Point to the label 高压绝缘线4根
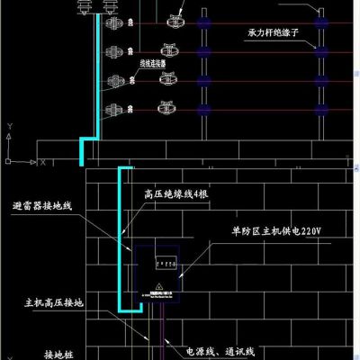tap(177, 194)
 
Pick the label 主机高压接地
tap(53, 303)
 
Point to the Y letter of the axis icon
tap(8, 128)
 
